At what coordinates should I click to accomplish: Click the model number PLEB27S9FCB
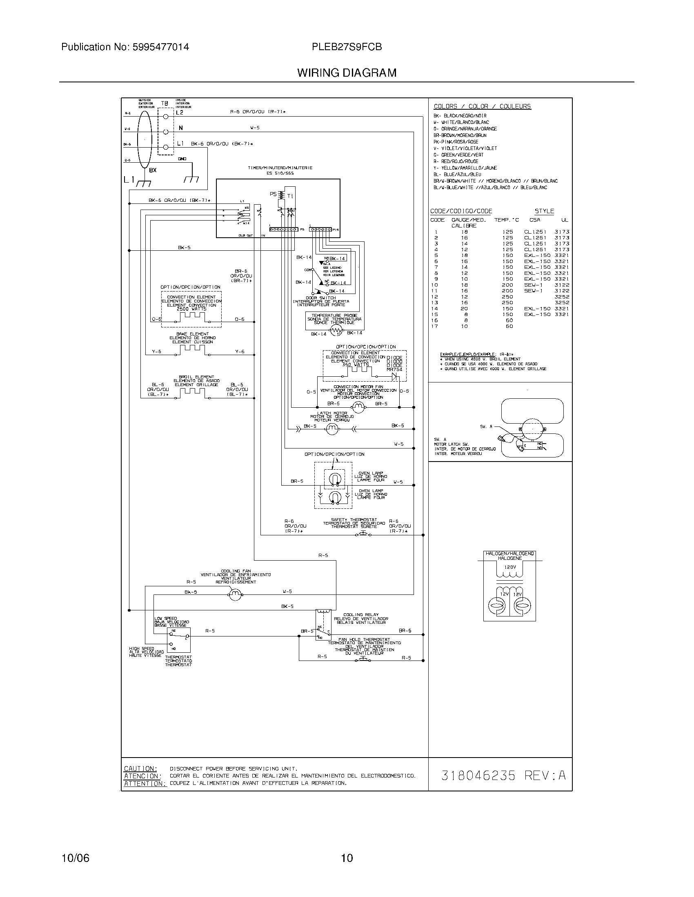click(347, 47)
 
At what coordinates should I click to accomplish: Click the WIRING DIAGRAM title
click(347, 73)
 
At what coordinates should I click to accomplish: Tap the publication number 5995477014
click(160, 47)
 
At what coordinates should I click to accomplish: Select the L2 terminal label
click(180, 113)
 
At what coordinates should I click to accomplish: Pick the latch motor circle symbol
click(331, 429)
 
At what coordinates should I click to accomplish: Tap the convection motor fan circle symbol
click(359, 407)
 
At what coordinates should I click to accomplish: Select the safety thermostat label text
click(354, 523)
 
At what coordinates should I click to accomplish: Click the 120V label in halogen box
click(510, 567)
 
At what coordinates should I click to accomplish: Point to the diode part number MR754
click(395, 369)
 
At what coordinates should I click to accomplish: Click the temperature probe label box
click(334, 319)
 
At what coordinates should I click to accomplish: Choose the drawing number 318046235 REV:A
click(503, 775)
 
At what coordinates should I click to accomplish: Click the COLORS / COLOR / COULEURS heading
click(482, 106)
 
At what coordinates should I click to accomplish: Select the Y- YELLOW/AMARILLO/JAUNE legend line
click(465, 168)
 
